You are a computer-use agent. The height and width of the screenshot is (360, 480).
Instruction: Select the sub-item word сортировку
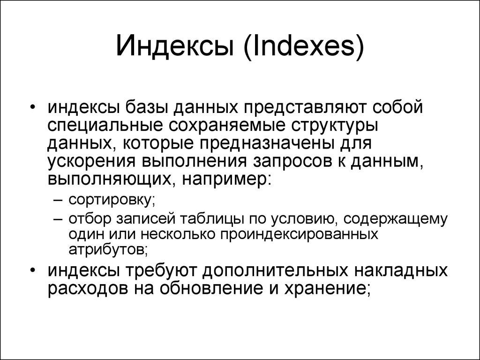pos(112,200)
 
